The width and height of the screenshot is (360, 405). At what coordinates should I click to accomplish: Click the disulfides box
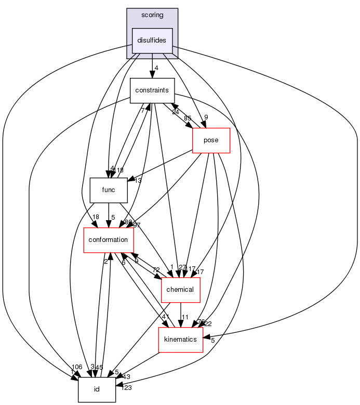coord(152,40)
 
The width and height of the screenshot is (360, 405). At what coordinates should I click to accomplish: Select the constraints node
coord(152,90)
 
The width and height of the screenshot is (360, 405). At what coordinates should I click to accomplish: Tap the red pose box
coord(211,140)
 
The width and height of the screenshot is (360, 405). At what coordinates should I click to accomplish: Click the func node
coord(109,190)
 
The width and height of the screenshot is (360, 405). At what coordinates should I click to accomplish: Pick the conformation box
coord(109,240)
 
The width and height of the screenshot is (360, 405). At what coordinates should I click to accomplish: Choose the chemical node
coord(181,290)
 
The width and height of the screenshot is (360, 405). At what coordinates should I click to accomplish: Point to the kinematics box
coord(180,340)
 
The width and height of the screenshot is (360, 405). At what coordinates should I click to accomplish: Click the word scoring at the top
coord(152,15)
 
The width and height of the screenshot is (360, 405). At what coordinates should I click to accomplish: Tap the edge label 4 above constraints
coord(156,67)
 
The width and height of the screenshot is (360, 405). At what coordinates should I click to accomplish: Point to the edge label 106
coord(76,367)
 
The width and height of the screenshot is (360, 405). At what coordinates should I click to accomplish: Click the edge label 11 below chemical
coord(185,316)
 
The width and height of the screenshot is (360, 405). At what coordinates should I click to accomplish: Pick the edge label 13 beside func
coord(138,181)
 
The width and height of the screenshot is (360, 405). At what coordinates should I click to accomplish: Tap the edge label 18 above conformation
coord(96,218)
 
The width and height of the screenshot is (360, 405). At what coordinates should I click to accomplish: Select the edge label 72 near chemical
coord(155,270)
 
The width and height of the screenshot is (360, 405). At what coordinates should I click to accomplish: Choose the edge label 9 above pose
coord(206,117)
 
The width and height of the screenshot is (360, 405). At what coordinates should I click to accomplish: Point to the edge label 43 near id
coord(126,376)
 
